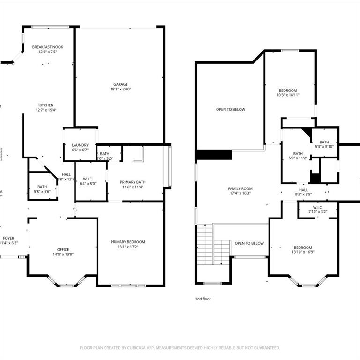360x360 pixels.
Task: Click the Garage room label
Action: click(x=120, y=84)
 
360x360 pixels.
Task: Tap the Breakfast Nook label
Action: click(x=47, y=47)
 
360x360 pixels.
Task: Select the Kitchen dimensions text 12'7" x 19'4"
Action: click(x=46, y=110)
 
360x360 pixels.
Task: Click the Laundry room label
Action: click(x=80, y=145)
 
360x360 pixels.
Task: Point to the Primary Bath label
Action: click(x=133, y=182)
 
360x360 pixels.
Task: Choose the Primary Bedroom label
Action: click(x=128, y=242)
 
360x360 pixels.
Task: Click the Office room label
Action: click(x=63, y=249)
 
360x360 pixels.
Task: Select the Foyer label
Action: click(x=8, y=238)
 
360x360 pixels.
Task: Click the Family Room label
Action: click(x=240, y=188)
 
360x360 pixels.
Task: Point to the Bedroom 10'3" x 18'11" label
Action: click(x=288, y=90)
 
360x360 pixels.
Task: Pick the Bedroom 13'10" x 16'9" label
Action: click(x=302, y=247)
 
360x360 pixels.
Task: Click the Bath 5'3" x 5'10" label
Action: click(x=324, y=142)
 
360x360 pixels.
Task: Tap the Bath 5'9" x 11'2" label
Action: click(x=298, y=153)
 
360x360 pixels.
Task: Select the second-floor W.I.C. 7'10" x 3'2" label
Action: click(x=317, y=207)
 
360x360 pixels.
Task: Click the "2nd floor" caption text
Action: click(x=203, y=299)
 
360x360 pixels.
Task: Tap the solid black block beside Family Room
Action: click(x=215, y=155)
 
